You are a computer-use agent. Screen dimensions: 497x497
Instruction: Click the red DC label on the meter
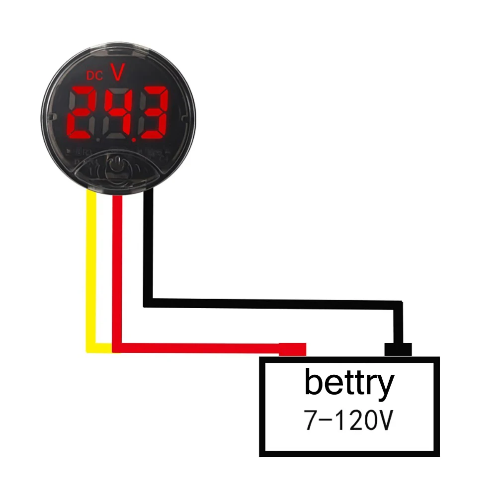tap(94, 76)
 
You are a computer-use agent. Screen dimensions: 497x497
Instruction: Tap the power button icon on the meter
tap(114, 164)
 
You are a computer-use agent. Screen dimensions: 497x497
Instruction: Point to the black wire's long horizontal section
tap(273, 302)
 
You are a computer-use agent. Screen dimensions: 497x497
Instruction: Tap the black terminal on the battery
tap(398, 349)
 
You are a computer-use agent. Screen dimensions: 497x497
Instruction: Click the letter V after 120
tap(385, 422)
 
